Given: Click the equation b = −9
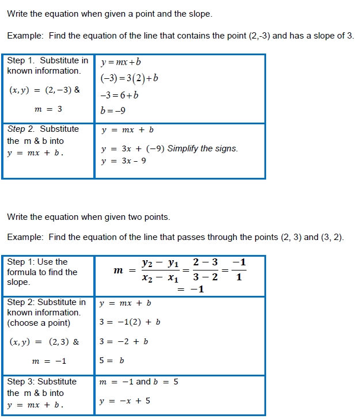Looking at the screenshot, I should click(x=113, y=111).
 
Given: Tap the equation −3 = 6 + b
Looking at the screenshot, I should click(x=119, y=95).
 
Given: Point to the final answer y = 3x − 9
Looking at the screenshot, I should click(x=124, y=161).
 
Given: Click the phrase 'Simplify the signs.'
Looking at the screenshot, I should click(x=203, y=148).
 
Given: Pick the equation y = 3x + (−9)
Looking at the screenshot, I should click(x=132, y=148).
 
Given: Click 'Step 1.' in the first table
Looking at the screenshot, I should click(x=17, y=60).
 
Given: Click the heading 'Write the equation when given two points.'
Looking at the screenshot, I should click(x=88, y=217).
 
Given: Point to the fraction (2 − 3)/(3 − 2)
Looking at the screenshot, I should click(x=205, y=269).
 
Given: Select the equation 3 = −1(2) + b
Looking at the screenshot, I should click(x=130, y=322).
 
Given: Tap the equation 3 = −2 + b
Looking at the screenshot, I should click(x=124, y=341).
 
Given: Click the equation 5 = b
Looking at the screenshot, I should click(x=112, y=361).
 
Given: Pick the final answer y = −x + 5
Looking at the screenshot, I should click(x=124, y=401).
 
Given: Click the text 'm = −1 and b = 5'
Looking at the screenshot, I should click(x=139, y=382).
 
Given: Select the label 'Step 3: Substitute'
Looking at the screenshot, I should click(x=41, y=382).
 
